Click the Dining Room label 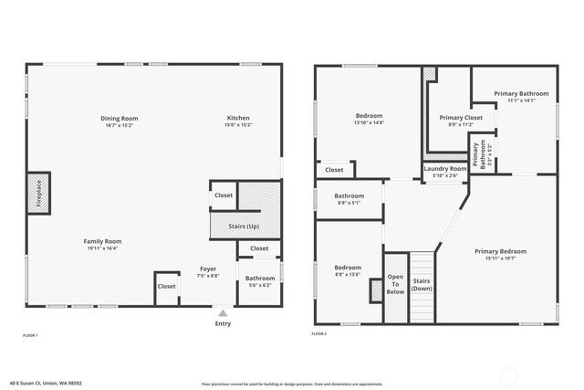coord(119,118)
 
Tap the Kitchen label coord(238,118)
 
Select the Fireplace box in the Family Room coord(39,193)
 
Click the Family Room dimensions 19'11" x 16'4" coord(104,248)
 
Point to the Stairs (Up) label coord(242,225)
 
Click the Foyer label coord(208,269)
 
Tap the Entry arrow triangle coord(223,312)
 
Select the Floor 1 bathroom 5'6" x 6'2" coord(260,281)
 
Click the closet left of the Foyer coord(166,286)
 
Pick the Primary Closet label coord(461,118)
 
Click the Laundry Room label coord(445,169)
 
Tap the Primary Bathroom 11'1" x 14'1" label coord(521,94)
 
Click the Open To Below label coord(395,284)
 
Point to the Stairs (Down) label coord(422,285)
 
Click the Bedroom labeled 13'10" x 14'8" coord(369,116)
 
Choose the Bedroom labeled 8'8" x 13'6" coord(348,268)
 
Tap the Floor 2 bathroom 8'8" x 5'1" coord(349,196)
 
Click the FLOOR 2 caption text coord(318,335)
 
